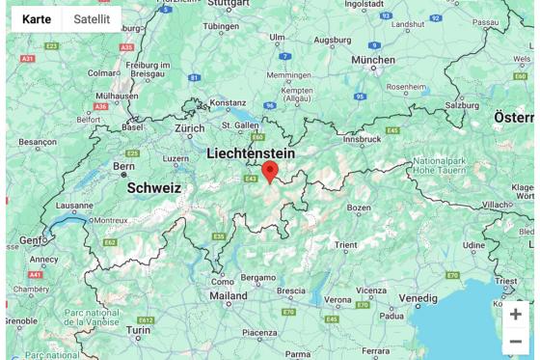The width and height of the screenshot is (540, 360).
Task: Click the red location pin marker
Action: tap(270, 172)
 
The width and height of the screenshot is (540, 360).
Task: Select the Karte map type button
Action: tap(37, 19)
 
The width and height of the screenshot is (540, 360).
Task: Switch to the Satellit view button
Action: tap(92, 19)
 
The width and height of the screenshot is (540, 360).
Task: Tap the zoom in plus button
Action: tap(516, 315)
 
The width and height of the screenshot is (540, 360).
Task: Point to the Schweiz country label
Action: tap(154, 188)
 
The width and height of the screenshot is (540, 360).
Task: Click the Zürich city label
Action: tap(190, 128)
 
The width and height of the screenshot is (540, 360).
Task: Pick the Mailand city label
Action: tap(229, 295)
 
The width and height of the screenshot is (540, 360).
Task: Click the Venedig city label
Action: tap(418, 298)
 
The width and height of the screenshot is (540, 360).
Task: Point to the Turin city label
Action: tap(139, 329)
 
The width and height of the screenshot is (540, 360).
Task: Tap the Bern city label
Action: tap(124, 166)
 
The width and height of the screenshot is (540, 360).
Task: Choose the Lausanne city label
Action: tap(74, 206)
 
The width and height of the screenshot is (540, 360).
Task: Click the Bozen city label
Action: tap(359, 208)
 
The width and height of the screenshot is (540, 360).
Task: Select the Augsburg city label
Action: tap(334, 40)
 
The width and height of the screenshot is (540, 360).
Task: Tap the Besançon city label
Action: tap(38, 142)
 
